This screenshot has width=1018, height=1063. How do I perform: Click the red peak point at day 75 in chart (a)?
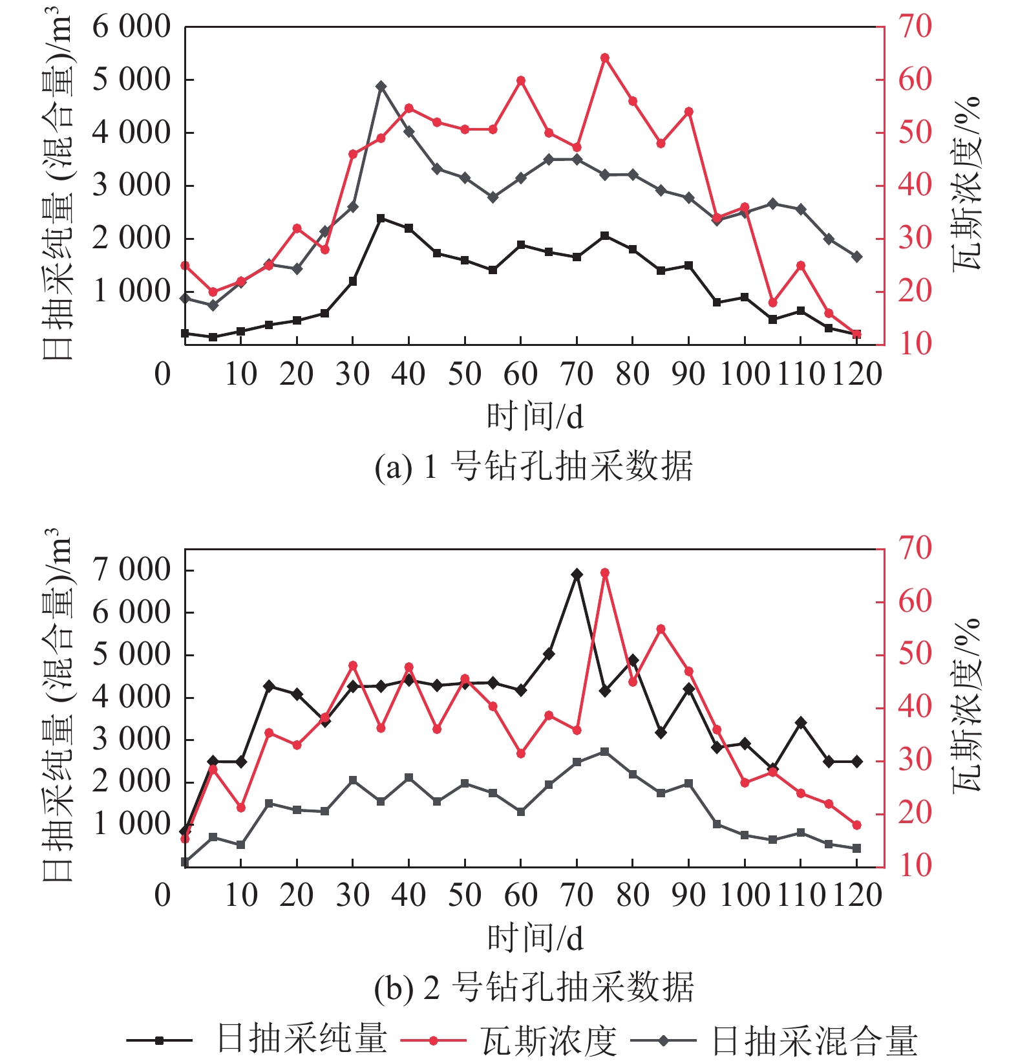click(x=605, y=58)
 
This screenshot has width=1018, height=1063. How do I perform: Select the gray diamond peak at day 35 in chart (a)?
click(x=381, y=86)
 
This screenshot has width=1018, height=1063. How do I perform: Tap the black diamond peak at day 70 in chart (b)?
click(x=577, y=574)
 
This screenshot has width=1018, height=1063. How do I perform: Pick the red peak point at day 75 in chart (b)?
click(x=605, y=573)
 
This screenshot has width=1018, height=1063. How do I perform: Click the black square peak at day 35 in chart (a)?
click(x=381, y=219)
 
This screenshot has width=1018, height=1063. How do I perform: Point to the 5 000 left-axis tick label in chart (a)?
click(x=131, y=80)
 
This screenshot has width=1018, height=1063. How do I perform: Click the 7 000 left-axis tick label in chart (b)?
click(x=131, y=570)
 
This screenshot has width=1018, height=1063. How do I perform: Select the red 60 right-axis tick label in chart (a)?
click(x=915, y=80)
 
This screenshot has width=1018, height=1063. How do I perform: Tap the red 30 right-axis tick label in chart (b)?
click(x=915, y=760)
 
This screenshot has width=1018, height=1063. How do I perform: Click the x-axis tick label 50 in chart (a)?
click(x=465, y=374)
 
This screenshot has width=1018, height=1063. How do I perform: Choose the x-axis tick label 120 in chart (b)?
click(x=856, y=896)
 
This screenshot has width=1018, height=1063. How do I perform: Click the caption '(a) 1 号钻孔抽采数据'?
click(x=534, y=466)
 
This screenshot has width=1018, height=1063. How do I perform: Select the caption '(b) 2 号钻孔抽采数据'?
click(x=534, y=987)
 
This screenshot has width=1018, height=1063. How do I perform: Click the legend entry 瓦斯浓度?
click(x=549, y=1040)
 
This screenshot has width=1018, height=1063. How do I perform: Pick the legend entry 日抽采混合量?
click(x=814, y=1040)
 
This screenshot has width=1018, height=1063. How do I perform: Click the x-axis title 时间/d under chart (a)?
click(x=535, y=416)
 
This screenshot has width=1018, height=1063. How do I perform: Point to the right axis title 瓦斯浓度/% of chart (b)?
click(x=967, y=705)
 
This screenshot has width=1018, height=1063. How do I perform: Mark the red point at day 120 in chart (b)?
click(x=857, y=825)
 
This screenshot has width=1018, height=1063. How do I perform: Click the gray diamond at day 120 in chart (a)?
click(x=857, y=257)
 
